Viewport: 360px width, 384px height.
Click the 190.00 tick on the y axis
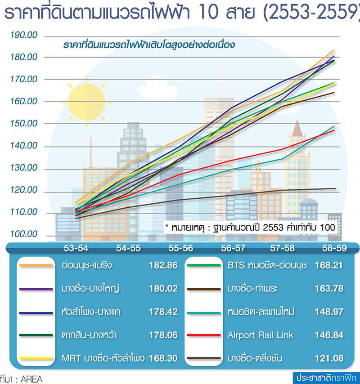coord(23,35)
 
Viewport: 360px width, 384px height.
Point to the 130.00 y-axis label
coord(23,168)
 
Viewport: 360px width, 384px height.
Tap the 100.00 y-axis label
coord(23,234)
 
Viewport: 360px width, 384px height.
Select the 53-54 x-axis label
coord(76,248)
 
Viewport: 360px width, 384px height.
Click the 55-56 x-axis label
coord(181,248)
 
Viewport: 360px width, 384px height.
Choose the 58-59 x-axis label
coord(334,248)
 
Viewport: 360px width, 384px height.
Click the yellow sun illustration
coord(86,102)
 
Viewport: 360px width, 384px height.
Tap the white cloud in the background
coord(157,88)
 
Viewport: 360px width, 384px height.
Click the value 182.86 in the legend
coord(163,265)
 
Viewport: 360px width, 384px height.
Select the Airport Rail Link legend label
coord(260,335)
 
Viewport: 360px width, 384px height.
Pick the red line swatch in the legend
coord(204,335)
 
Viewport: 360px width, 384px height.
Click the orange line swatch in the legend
coord(36,265)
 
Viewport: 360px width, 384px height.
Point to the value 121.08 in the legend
coord(329,358)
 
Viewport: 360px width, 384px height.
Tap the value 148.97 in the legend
coord(329,312)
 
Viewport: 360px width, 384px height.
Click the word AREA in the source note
coord(31,379)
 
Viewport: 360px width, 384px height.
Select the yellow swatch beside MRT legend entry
coord(36,358)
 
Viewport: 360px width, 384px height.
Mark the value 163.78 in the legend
coord(329,289)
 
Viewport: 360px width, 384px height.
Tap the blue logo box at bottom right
coord(326,378)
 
